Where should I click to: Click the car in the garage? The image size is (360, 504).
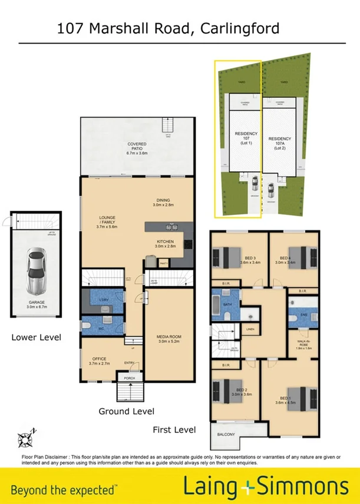click(x=37, y=272)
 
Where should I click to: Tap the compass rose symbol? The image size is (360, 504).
click(x=27, y=437)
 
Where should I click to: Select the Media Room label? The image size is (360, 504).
click(x=168, y=339)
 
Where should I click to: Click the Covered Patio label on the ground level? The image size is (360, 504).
click(x=137, y=148)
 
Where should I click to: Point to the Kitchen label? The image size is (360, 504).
click(x=165, y=243)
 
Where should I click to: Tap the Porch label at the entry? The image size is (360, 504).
click(x=127, y=378)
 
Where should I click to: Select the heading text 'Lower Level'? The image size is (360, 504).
click(x=37, y=337)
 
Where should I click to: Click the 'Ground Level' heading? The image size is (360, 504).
click(x=126, y=411)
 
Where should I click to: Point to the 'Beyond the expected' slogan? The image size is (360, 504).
click(x=64, y=489)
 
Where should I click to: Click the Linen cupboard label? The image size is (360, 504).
click(x=250, y=329)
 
